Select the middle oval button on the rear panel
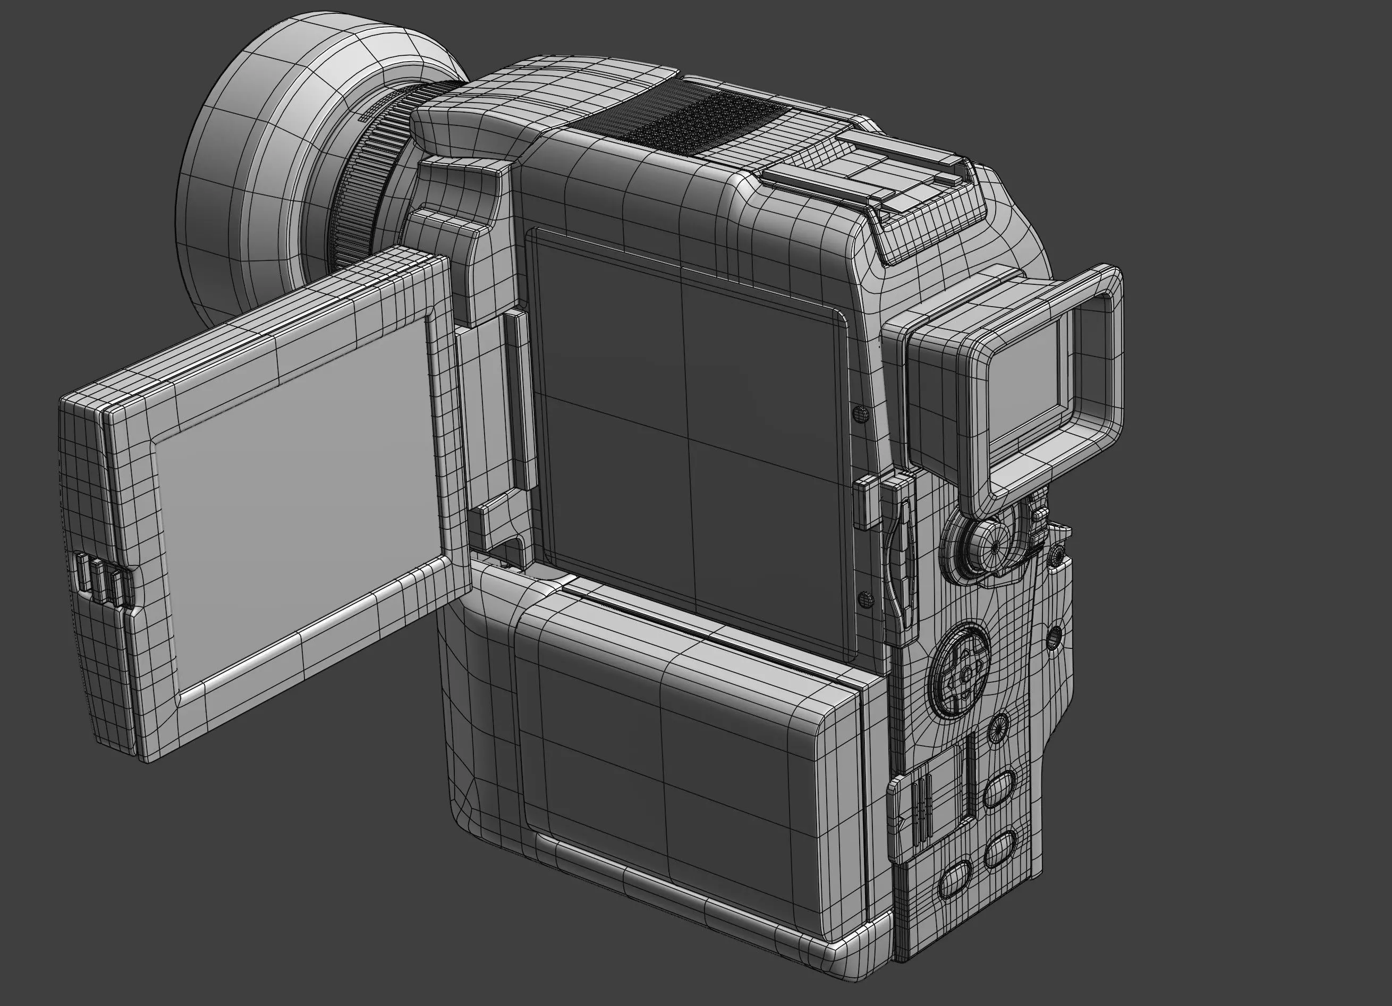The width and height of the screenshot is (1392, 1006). click(1000, 850)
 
